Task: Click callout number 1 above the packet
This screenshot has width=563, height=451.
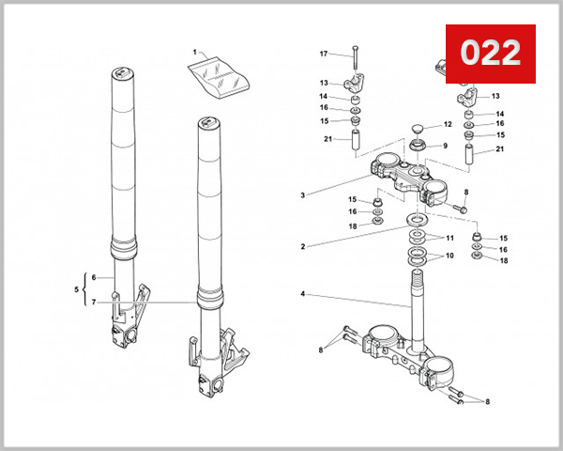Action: pos(194,52)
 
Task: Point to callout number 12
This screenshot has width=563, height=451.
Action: pos(448,124)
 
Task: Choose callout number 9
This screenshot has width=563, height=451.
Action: pos(445,146)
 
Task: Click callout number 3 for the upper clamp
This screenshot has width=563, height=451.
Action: pos(302,195)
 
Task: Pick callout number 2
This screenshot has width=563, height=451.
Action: pos(302,247)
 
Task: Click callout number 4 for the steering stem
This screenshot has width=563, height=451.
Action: pos(302,295)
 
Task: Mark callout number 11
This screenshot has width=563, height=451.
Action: pos(449,238)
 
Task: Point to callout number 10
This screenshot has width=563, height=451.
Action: pos(449,255)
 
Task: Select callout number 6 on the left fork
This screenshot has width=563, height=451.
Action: pos(94,278)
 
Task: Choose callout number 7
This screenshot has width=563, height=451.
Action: pos(94,302)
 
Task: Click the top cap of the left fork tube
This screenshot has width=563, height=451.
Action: pos(119,74)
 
